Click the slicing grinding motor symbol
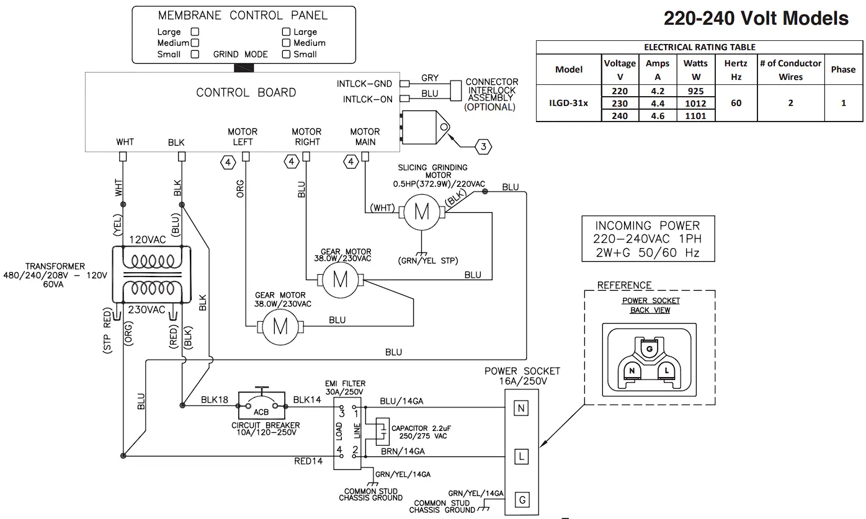pyautogui.click(x=422, y=212)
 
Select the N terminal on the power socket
pyautogui.click(x=522, y=408)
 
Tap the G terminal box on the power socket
pyautogui.click(x=522, y=500)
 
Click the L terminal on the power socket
pyautogui.click(x=522, y=457)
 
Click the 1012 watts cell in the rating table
pyautogui.click(x=696, y=104)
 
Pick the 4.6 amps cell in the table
pyautogui.click(x=658, y=115)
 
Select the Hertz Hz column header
pyautogui.click(x=736, y=70)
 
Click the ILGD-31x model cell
pyautogui.click(x=568, y=103)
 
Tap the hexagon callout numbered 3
pyautogui.click(x=484, y=147)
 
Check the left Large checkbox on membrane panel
pyautogui.click(x=195, y=32)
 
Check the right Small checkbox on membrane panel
pyautogui.click(x=286, y=54)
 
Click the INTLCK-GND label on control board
pyautogui.click(x=364, y=84)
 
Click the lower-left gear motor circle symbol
pyautogui.click(x=280, y=326)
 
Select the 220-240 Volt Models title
pyautogui.click(x=756, y=19)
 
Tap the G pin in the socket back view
pyautogui.click(x=649, y=350)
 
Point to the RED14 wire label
pyautogui.click(x=308, y=461)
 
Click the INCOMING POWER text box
pyautogui.click(x=647, y=239)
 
